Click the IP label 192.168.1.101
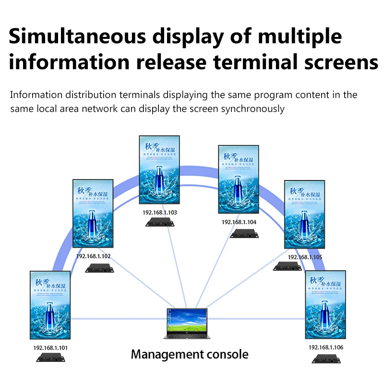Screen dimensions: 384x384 (50, 348)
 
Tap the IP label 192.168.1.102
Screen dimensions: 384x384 (93, 256)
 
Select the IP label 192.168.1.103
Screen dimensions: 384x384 (159, 212)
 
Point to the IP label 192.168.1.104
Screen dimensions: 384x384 (239, 222)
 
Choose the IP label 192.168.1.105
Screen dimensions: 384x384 (305, 257)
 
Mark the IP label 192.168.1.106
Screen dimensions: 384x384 (326, 347)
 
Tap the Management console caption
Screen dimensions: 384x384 (190, 355)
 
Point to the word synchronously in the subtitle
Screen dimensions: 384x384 (252, 109)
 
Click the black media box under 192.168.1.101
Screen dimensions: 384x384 (51, 358)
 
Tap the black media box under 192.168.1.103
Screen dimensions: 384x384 (160, 222)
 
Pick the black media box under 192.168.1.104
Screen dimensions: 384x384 (245, 234)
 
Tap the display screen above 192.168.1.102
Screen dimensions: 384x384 (93, 213)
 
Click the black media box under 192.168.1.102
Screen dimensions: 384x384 (99, 268)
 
